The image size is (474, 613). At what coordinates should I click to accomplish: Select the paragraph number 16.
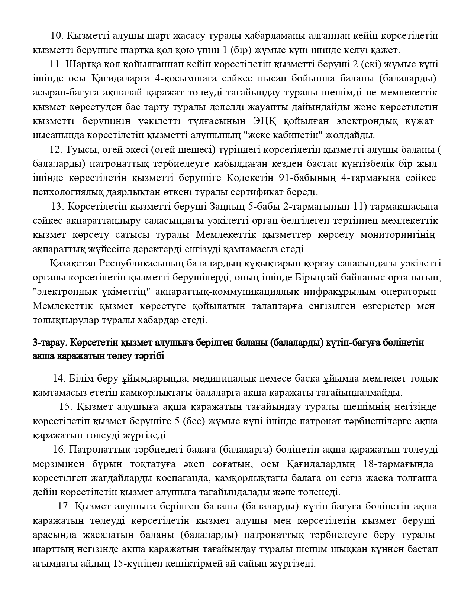[x=59, y=450]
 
